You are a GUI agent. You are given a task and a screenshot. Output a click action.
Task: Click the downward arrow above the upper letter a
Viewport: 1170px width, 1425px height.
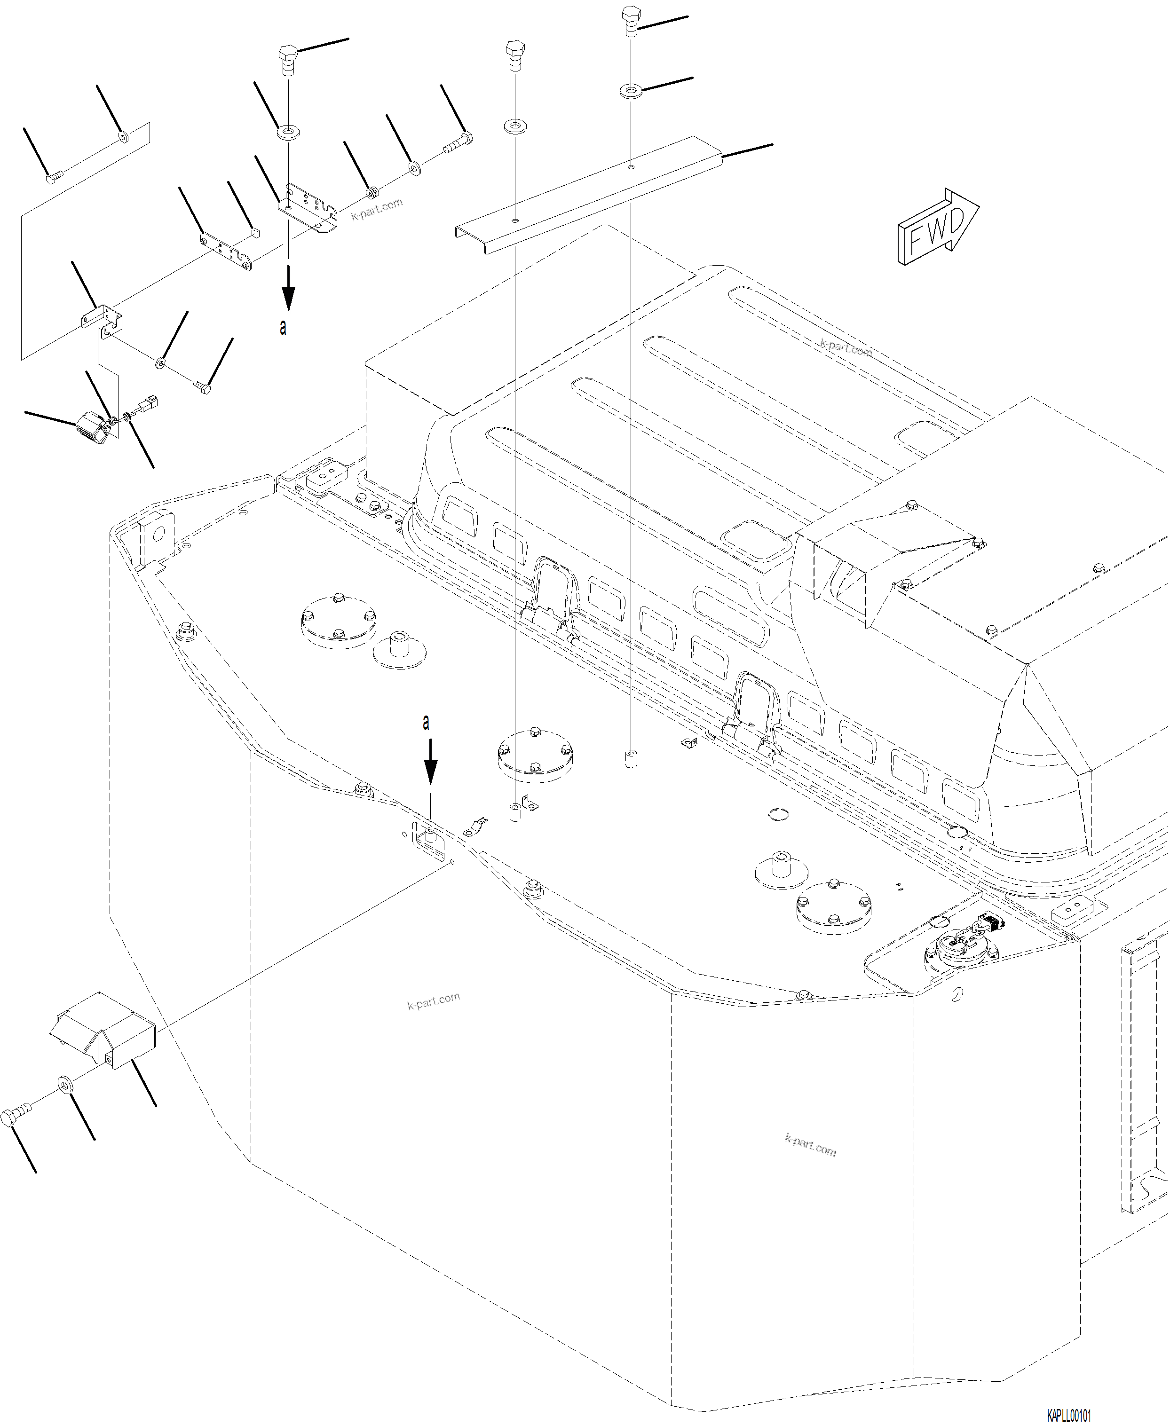[x=288, y=287]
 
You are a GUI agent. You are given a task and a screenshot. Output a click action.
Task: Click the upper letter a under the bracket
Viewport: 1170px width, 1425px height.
[x=284, y=328]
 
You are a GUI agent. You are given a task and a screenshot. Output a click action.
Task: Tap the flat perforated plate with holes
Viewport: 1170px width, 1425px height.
[x=227, y=251]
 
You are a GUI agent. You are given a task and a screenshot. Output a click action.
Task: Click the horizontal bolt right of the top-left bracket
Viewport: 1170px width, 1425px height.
[x=459, y=142]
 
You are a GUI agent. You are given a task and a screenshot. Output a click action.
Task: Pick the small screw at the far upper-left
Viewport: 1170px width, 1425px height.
[x=54, y=177]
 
